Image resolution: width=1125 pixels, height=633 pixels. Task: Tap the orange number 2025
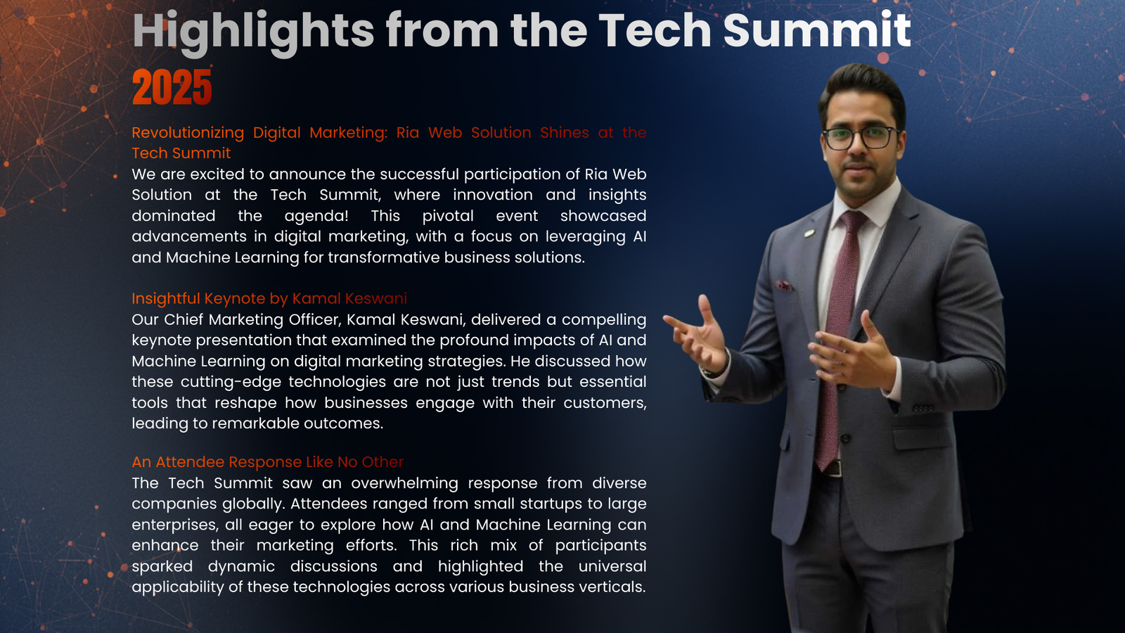pos(172,87)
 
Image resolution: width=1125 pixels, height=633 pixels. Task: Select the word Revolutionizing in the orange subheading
pos(188,133)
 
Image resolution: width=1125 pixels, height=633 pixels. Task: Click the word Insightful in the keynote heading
pos(166,299)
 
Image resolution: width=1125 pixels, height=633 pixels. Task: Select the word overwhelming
pos(405,483)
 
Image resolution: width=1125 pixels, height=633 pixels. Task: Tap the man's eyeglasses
pos(860,137)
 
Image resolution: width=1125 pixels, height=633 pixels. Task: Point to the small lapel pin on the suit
pos(809,233)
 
